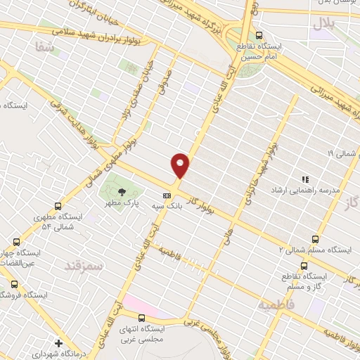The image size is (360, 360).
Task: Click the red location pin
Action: [x=181, y=165]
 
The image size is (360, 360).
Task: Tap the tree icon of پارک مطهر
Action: [x=123, y=191]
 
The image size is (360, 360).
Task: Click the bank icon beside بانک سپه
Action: [x=167, y=196]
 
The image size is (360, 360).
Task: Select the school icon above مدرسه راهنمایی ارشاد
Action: [x=305, y=179]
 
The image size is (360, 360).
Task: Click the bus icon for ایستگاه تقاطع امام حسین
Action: [x=259, y=35]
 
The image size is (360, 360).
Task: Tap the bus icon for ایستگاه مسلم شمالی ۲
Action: [x=314, y=239]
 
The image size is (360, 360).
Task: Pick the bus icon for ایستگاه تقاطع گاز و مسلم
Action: [x=304, y=265]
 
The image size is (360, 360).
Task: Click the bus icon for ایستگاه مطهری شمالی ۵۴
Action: [x=58, y=206]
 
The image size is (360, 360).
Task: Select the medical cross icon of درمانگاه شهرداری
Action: [x=58, y=344]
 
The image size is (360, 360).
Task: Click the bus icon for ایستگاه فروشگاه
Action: [x=15, y=285]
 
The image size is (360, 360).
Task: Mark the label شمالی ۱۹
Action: [x=341, y=152]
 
